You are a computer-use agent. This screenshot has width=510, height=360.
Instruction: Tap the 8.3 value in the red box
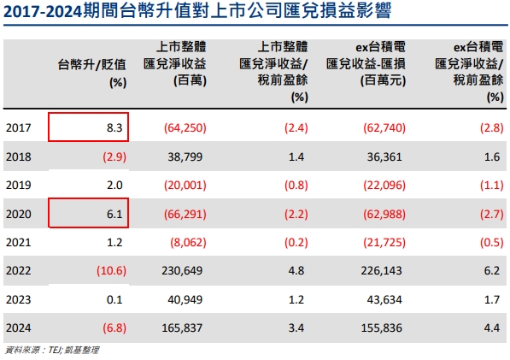click(x=115, y=127)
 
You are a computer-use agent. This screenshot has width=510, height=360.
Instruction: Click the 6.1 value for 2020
click(x=115, y=213)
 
